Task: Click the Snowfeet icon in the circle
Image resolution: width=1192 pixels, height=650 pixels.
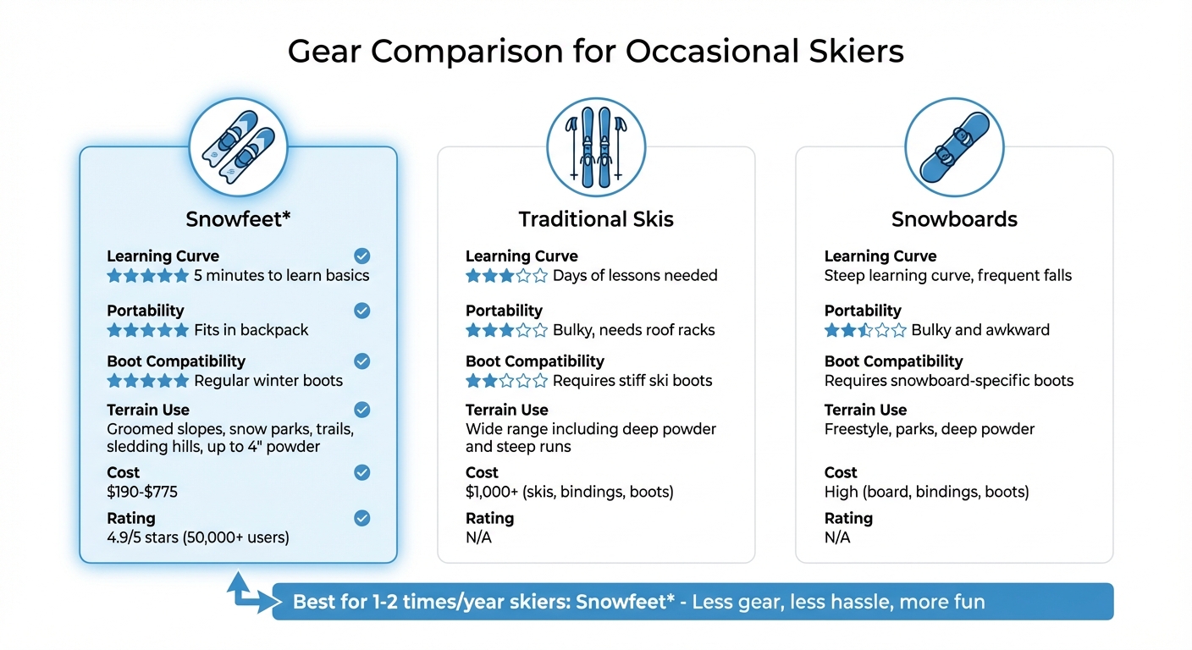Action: click(x=238, y=146)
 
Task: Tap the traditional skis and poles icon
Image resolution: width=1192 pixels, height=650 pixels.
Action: click(x=596, y=146)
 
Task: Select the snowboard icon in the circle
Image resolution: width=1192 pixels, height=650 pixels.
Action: click(x=954, y=146)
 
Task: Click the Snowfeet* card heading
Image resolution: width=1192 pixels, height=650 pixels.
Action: click(x=238, y=219)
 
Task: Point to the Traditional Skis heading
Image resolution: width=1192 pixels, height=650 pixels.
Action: click(x=596, y=219)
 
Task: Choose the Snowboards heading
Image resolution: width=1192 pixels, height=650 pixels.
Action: click(x=954, y=219)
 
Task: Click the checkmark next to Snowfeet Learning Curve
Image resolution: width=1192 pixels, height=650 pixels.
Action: click(x=361, y=256)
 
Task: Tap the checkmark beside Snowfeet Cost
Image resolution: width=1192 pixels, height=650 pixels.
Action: click(x=361, y=472)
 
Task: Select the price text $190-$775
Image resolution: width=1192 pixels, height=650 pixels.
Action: click(x=142, y=492)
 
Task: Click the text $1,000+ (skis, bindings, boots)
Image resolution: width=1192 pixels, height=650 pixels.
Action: click(x=569, y=492)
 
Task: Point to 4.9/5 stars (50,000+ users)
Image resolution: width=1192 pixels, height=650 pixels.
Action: click(x=198, y=537)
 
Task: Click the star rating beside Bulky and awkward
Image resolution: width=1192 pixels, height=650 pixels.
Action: click(x=864, y=330)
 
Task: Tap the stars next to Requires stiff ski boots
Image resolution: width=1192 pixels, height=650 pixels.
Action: click(x=506, y=381)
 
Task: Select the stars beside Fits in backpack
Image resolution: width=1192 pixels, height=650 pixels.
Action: click(x=147, y=330)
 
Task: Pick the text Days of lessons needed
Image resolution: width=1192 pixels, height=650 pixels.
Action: click(x=635, y=276)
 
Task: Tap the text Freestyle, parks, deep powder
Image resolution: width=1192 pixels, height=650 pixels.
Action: click(x=930, y=429)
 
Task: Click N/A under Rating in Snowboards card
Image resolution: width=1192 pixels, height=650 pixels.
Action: click(x=837, y=537)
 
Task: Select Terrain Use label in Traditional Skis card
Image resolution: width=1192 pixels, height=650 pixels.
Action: click(x=507, y=410)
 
